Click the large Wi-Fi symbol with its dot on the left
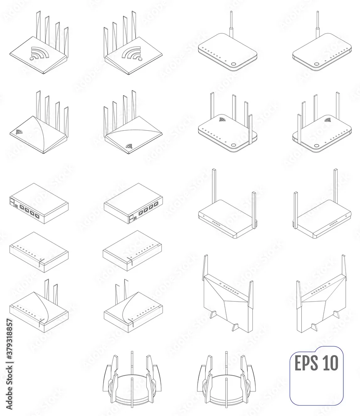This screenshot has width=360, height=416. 39,53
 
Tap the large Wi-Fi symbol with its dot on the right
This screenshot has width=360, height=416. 132,53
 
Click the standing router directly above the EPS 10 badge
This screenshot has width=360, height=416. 321,294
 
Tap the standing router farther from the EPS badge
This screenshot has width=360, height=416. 227,294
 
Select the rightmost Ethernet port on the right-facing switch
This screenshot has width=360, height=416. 157,204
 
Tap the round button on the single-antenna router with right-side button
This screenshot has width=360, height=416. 234,64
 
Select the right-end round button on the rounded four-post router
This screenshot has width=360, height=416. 234,145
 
